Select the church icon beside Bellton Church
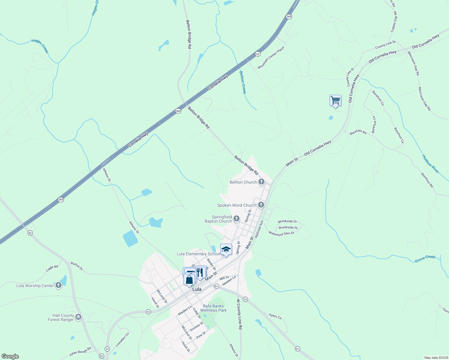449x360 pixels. click(x=261, y=182)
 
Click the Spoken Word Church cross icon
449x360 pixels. click(x=261, y=205)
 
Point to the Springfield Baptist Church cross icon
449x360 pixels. click(x=237, y=219)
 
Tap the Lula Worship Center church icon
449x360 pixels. click(x=59, y=286)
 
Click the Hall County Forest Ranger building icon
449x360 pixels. click(x=78, y=317)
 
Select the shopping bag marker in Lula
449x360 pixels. click(x=189, y=280)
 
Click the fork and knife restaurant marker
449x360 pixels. click(x=200, y=272)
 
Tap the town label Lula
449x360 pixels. click(x=197, y=289)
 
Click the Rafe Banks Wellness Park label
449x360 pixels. click(x=213, y=308)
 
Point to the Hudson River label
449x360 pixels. click(x=431, y=164)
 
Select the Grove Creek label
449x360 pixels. click(x=425, y=259)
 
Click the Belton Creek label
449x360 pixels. click(x=243, y=82)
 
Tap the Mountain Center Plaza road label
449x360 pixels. click(x=271, y=58)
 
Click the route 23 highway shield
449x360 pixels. click(x=258, y=53)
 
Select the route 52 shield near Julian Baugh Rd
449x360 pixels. click(x=101, y=356)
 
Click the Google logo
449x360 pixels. click(x=10, y=356)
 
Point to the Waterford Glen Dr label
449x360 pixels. click(x=281, y=233)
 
